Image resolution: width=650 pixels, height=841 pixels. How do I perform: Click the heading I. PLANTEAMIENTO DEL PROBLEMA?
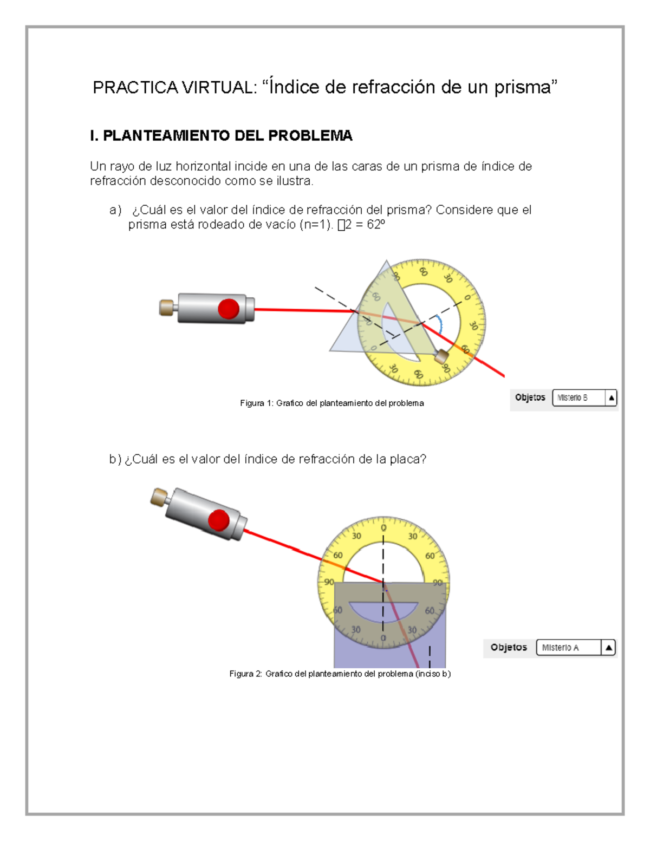pos(221,135)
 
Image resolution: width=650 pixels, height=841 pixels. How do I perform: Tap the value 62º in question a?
pos(375,225)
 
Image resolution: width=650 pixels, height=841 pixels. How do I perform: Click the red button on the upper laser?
pos(229,309)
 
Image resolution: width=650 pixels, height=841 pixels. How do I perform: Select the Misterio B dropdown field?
pos(578,397)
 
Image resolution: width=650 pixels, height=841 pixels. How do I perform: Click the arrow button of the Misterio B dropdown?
pos(611,397)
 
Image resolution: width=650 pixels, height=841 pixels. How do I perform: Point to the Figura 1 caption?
pos(331,403)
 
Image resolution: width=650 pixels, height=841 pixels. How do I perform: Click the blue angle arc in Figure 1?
pos(440,325)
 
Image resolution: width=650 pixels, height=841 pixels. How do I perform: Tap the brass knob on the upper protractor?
pos(442,356)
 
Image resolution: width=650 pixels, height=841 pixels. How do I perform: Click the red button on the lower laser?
pos(219,520)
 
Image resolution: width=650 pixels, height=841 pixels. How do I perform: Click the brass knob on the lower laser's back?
pos(159,497)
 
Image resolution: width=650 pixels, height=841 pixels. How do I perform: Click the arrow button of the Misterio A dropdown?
pos(608,648)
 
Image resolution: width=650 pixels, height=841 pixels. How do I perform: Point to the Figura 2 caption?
pos(340,674)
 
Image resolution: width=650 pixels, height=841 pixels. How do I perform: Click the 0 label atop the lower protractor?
pos(383,527)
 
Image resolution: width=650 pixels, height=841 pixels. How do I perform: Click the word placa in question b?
pos(404,459)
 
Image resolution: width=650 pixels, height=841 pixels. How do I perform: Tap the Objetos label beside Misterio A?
pos(509,647)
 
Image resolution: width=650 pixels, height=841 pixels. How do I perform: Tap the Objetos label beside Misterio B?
pos(530,397)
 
